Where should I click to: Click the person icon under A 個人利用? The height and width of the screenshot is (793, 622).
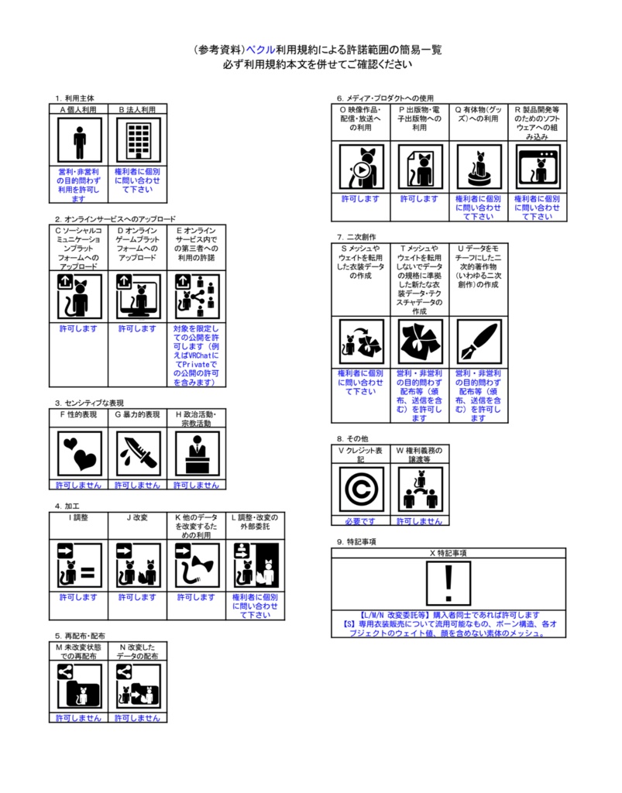pyautogui.click(x=78, y=141)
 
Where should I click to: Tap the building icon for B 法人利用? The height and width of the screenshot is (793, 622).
pyautogui.click(x=137, y=141)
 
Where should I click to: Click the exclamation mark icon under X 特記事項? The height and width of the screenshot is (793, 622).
pyautogui.click(x=448, y=583)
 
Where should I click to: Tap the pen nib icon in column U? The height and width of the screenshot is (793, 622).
pyautogui.click(x=478, y=342)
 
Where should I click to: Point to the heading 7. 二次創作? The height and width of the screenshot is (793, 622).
pyautogui.click(x=357, y=236)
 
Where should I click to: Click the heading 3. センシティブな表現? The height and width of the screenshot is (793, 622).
pyautogui.click(x=89, y=403)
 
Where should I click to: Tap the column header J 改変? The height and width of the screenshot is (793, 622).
pyautogui.click(x=137, y=517)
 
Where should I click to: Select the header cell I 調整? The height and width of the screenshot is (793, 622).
pyautogui.click(x=78, y=517)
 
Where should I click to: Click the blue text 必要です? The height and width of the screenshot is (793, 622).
pyautogui.click(x=360, y=521)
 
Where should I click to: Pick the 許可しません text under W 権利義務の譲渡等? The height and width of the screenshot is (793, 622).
pyautogui.click(x=419, y=521)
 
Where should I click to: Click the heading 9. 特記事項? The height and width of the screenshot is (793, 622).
pyautogui.click(x=356, y=541)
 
